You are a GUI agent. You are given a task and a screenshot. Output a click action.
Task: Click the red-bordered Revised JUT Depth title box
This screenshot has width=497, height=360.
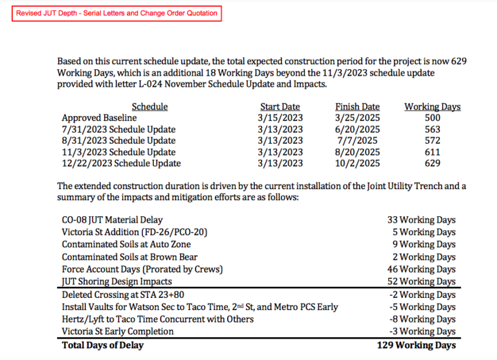tap(116, 13)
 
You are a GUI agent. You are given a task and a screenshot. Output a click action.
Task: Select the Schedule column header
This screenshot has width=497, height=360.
tap(149, 107)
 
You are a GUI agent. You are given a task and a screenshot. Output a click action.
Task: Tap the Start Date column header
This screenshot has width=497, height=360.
tap(280, 107)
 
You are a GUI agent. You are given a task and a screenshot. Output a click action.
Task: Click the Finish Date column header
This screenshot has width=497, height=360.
tap(357, 107)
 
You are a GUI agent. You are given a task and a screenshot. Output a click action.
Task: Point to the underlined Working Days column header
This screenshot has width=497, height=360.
tap(432, 107)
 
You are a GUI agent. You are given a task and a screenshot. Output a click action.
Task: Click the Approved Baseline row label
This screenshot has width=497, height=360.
tap(99, 118)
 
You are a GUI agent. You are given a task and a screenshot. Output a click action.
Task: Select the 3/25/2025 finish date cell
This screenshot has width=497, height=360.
tap(357, 118)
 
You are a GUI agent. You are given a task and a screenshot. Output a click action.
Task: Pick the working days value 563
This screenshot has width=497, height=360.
tap(432, 129)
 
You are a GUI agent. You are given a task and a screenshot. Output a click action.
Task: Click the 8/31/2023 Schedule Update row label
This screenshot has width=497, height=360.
tap(118, 141)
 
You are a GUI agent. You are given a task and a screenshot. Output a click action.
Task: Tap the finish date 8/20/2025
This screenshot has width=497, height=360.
tap(357, 152)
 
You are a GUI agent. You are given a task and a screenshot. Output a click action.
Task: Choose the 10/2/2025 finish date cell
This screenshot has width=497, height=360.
tap(357, 163)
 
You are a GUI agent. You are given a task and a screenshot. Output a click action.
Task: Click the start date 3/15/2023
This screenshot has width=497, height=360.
tap(280, 118)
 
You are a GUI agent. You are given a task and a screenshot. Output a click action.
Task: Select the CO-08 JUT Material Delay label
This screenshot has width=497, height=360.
tap(112, 220)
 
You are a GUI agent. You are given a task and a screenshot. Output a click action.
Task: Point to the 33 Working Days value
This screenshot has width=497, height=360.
tap(421, 220)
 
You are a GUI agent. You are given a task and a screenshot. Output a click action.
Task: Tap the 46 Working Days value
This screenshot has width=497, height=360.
tap(421, 269)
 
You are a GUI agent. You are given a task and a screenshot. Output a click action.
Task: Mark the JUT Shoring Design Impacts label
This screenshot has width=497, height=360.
tap(117, 282)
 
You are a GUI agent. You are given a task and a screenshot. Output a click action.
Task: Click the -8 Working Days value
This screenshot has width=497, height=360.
tap(423, 319)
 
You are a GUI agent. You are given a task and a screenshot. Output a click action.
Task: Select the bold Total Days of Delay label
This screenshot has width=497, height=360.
tap(102, 345)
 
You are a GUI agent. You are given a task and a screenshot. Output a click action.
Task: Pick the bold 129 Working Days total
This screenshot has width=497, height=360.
tap(416, 345)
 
